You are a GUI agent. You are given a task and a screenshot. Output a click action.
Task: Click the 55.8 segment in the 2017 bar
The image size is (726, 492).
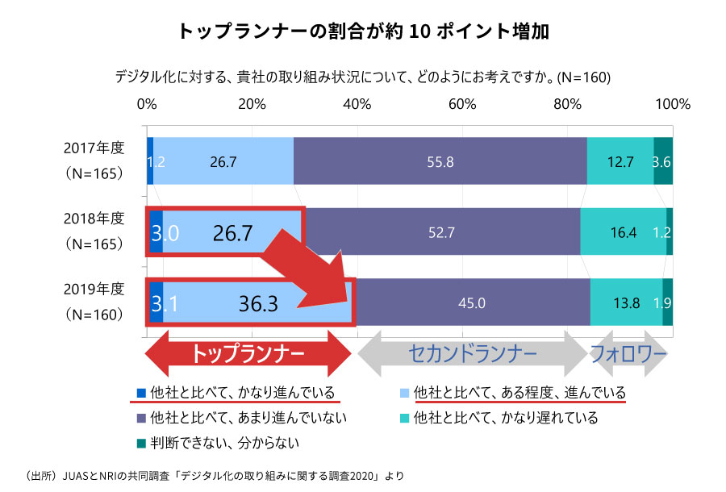tap(440, 161)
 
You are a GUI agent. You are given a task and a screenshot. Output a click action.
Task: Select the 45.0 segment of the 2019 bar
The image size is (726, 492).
tap(472, 303)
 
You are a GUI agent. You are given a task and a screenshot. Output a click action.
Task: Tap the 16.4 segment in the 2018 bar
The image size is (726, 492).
tap(624, 232)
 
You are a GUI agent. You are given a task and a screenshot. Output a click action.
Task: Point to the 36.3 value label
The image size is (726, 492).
tap(258, 303)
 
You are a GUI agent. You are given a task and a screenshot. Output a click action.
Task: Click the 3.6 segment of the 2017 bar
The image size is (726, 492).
tap(662, 161)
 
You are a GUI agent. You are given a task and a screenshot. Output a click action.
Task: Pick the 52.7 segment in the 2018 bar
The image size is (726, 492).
tap(442, 232)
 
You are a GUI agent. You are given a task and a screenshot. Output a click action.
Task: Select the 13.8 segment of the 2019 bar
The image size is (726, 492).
tap(626, 303)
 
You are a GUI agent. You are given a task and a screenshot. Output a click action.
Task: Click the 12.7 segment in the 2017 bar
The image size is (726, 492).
tap(620, 161)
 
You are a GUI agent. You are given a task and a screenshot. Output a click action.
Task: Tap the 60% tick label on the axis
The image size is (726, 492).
tap(462, 104)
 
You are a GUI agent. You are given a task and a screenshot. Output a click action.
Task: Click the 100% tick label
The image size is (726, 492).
tap(673, 104)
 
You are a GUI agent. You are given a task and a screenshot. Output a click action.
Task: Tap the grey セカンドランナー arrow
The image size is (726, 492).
tap(472, 353)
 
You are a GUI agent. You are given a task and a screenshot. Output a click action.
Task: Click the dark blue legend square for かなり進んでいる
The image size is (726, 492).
tap(140, 394)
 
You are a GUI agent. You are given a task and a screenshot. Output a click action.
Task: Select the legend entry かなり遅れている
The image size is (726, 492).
tap(505, 418)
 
